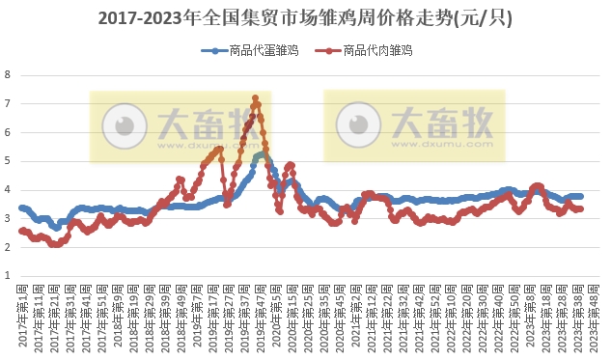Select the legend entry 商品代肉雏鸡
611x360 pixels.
tap(375, 50)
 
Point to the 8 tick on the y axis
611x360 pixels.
tap(8, 74)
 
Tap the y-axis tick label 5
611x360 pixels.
tap(8, 161)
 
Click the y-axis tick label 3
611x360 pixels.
tap(8, 218)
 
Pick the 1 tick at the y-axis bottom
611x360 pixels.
tap(8, 276)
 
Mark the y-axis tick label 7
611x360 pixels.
tap(8, 103)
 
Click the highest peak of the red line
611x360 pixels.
tap(255, 97)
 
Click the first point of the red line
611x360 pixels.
tap(21, 230)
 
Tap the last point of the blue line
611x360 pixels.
tap(580, 196)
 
